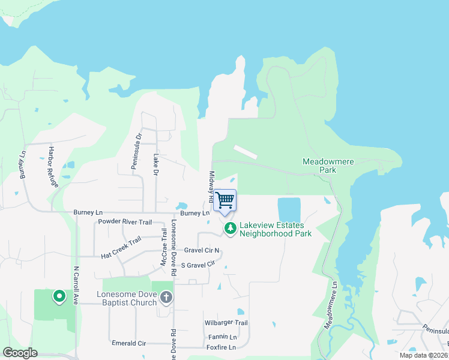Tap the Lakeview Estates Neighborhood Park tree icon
tap(230, 228)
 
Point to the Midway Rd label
tap(211, 185)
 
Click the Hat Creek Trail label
tap(121, 247)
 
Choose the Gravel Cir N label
tap(202, 250)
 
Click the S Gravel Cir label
tap(197, 265)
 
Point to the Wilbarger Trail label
tap(225, 323)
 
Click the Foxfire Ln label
tap(220, 346)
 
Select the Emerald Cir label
tap(129, 343)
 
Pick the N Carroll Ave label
tap(76, 285)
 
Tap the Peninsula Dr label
tap(136, 151)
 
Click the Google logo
tap(20, 353)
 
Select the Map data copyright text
tap(423, 355)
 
